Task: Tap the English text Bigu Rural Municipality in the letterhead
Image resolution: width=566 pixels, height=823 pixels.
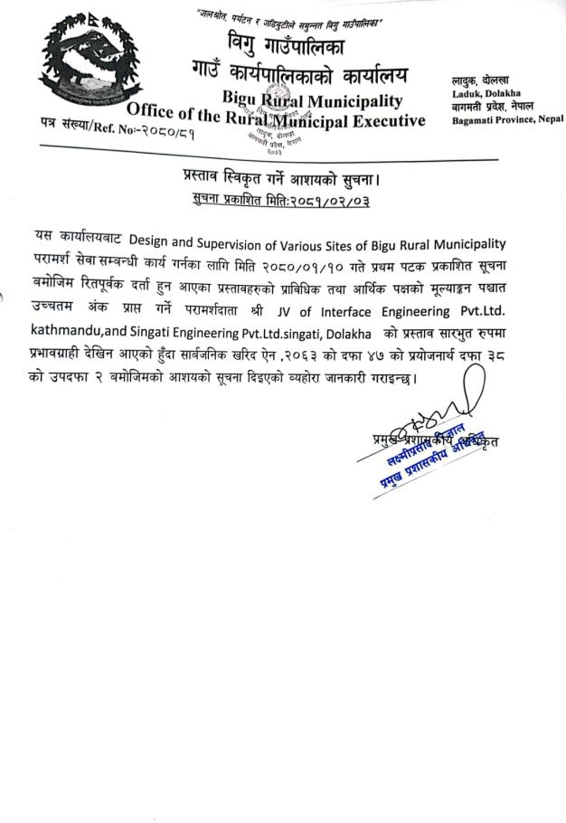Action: tap(312, 99)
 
